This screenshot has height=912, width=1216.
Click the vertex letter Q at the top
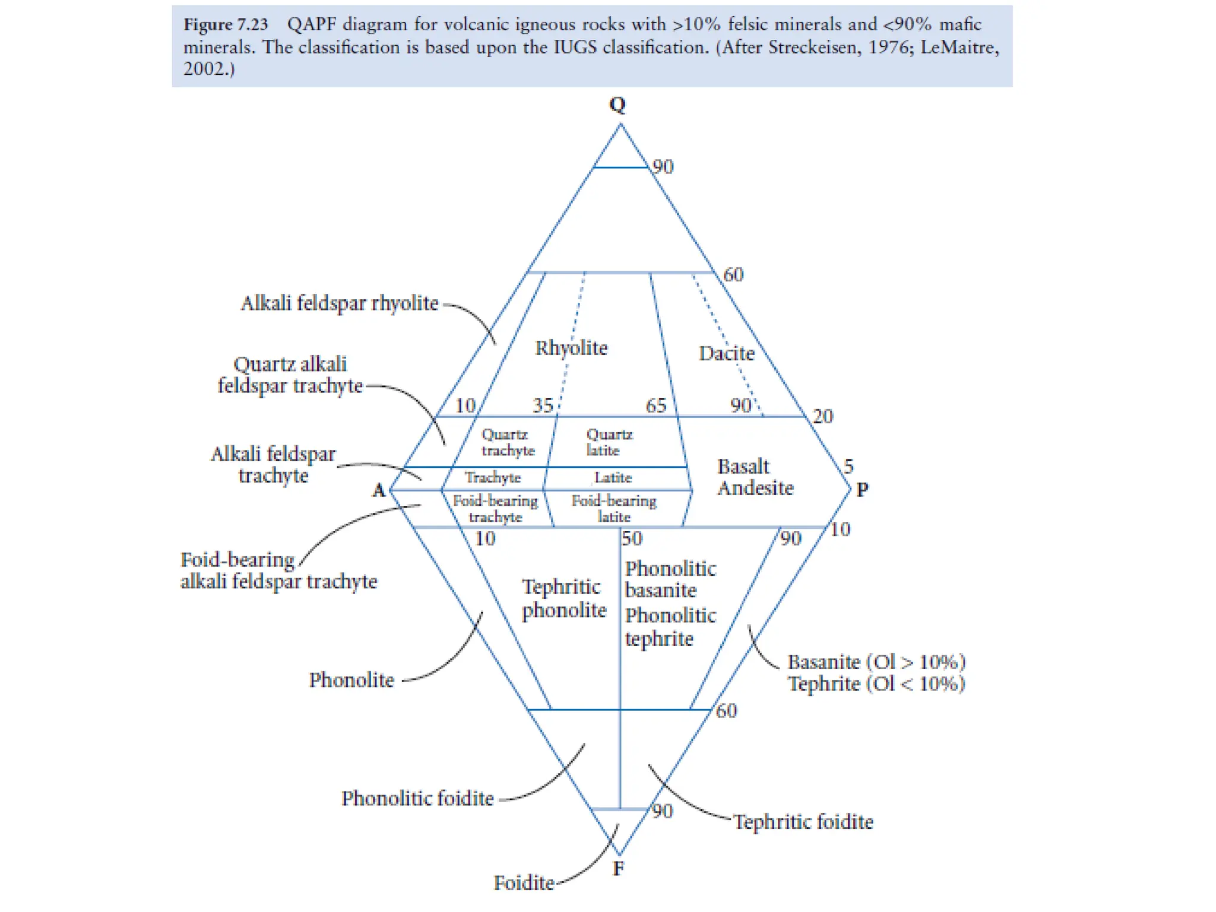click(617, 105)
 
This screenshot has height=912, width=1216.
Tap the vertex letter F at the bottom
click(618, 869)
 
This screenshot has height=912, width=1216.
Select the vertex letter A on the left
click(379, 490)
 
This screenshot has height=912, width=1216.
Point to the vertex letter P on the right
click(862, 490)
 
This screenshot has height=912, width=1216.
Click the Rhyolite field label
click(571, 348)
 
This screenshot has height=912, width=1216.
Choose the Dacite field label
click(727, 353)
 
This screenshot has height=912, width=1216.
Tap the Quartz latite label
click(609, 442)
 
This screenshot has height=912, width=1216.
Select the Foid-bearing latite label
click(614, 509)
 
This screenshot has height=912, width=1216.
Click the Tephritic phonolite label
click(563, 598)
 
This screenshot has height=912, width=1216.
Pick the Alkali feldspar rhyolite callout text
click(339, 303)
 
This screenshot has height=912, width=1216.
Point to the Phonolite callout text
click(351, 680)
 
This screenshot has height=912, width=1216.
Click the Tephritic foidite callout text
click(803, 822)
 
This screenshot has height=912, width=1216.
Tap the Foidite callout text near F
click(524, 883)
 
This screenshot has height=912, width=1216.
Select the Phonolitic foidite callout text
click(417, 799)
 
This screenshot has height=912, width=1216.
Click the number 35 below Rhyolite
click(543, 406)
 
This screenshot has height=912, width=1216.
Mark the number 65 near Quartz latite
click(656, 406)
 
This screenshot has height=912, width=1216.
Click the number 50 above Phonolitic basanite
click(632, 539)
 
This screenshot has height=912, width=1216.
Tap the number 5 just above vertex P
click(848, 466)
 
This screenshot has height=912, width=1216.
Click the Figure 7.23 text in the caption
click(226, 25)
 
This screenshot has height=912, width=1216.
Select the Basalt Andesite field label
click(755, 477)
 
